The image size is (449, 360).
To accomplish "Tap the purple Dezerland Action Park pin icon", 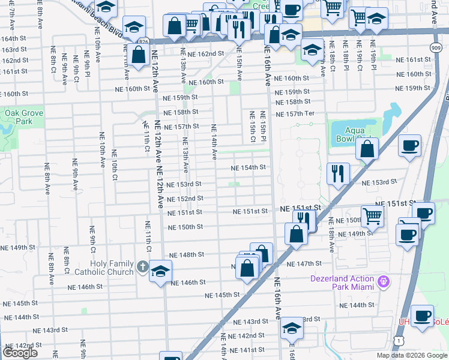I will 385,281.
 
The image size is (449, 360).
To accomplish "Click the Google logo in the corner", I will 20,353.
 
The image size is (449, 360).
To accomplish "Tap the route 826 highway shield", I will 143,41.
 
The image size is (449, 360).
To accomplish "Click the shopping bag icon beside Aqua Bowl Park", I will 367,148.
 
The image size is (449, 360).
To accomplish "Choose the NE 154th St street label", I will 249,168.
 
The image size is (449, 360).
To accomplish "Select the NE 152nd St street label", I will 185,199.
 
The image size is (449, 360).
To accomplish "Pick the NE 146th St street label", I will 188,282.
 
